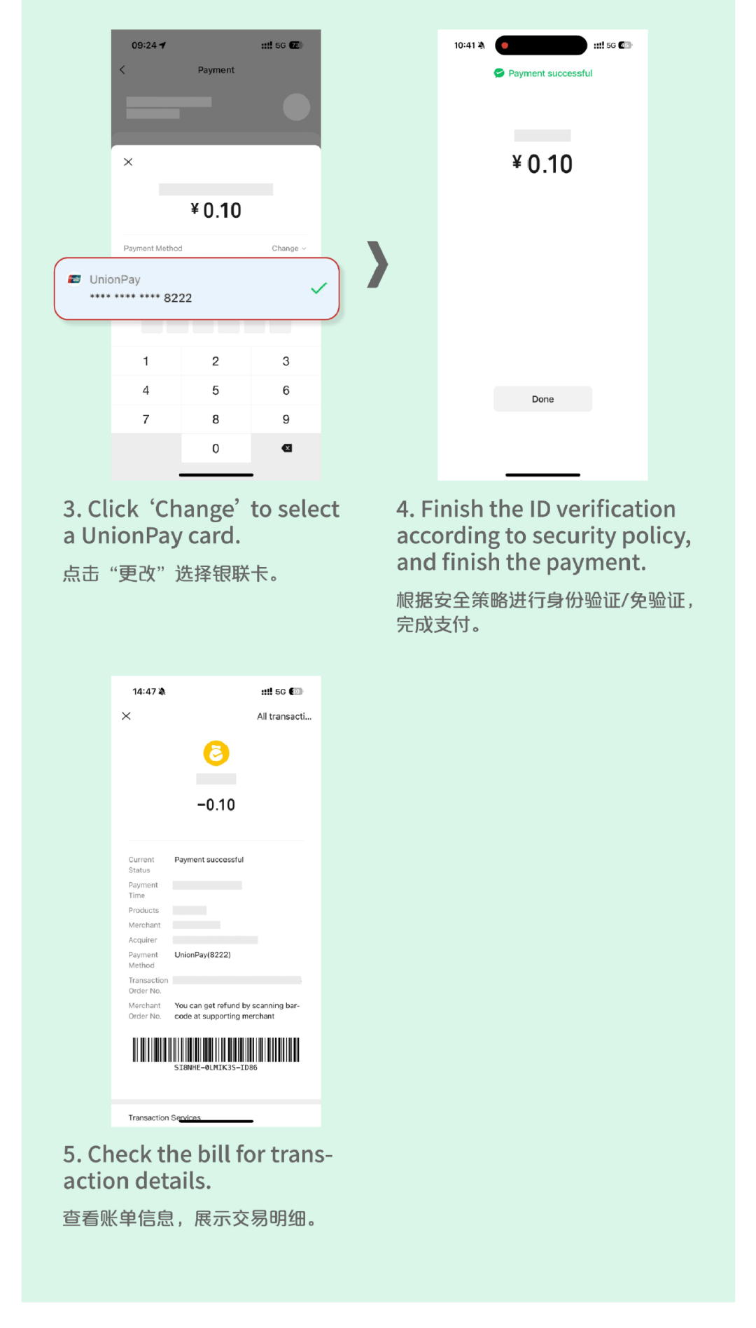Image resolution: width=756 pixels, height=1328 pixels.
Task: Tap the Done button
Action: pos(542,399)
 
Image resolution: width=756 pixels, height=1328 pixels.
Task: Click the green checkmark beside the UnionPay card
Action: pos(319,288)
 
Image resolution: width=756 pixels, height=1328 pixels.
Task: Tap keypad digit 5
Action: pos(216,391)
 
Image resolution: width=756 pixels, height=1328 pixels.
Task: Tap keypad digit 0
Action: pos(216,449)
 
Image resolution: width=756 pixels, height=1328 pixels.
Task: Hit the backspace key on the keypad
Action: pos(286,448)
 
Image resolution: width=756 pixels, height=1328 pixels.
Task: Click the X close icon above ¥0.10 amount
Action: pos(128,162)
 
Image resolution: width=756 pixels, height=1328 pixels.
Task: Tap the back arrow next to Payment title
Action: pos(122,70)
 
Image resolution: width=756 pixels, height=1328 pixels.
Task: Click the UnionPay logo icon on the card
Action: pos(74,279)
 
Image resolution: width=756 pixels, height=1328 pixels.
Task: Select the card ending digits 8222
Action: pos(177,298)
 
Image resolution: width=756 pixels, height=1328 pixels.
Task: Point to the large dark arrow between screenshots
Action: pos(377,265)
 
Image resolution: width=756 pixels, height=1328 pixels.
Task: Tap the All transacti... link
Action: pos(283,716)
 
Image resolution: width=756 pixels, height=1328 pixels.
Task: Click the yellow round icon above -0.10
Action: pos(216,753)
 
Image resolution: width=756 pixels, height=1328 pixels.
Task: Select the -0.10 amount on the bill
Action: pos(216,805)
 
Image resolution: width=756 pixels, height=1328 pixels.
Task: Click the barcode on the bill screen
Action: pos(216,1050)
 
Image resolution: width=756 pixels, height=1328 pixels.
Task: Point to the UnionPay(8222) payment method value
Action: pos(202,955)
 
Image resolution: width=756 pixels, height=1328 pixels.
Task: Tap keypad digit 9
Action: pos(286,419)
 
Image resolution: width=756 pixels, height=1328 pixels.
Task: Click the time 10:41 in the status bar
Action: pos(464,46)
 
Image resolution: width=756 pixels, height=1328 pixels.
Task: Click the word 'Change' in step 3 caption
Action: pos(195,510)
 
